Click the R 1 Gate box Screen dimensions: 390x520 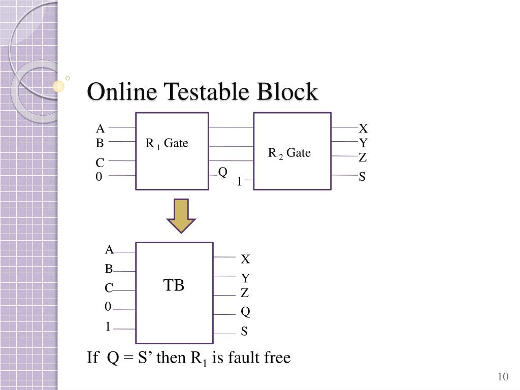[x=172, y=151]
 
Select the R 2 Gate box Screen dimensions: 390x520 [x=292, y=151]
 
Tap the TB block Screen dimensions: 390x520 [x=174, y=292]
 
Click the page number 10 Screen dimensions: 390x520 [x=503, y=376]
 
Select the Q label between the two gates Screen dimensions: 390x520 [x=222, y=172]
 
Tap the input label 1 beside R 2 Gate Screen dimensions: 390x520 [x=239, y=181]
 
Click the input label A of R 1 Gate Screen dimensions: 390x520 [x=101, y=128]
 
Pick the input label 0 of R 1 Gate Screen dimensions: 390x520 [x=100, y=177]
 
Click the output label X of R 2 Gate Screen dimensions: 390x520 [x=363, y=128]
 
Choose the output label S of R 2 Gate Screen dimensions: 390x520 [x=363, y=177]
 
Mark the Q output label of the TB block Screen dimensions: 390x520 [x=245, y=311]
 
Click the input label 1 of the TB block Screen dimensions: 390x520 [x=108, y=327]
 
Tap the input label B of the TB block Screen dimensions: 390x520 [x=109, y=269]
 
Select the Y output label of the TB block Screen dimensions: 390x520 [x=245, y=278]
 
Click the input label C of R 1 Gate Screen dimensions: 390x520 [x=100, y=163]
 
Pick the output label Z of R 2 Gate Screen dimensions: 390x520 [x=363, y=158]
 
